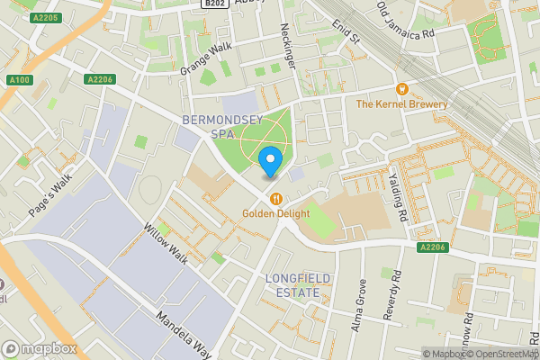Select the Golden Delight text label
[x=275, y=214]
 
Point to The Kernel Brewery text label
[x=402, y=104]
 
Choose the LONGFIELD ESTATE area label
[x=293, y=285]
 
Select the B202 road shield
[x=213, y=4]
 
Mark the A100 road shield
[x=19, y=80]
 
